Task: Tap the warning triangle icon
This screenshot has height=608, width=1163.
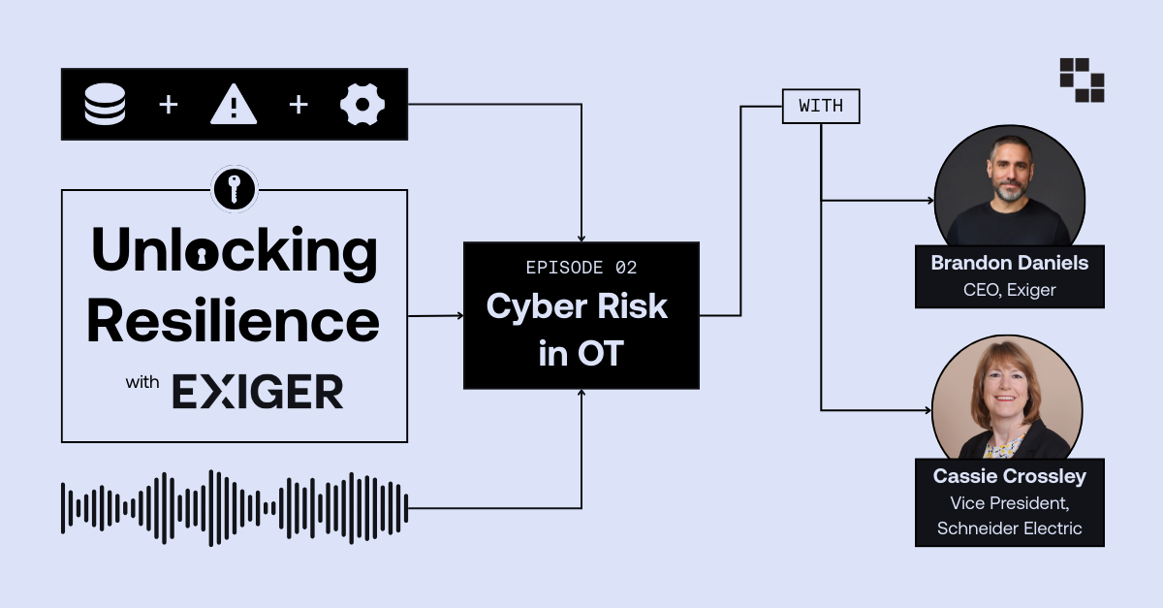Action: tap(234, 105)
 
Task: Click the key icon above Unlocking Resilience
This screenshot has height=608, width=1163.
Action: tap(234, 188)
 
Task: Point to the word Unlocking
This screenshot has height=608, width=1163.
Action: tap(234, 251)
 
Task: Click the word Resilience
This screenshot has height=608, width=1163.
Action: tap(234, 321)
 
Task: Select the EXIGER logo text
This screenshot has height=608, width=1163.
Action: tap(258, 392)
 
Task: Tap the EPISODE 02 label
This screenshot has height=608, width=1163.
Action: tap(581, 268)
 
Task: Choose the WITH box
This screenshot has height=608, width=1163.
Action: tap(821, 107)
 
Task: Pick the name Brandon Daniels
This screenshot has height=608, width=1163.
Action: tap(1009, 263)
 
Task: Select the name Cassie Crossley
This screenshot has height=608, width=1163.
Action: tap(1009, 476)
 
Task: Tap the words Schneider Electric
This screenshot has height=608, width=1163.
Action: tap(1009, 528)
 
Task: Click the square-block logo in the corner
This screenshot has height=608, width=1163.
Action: tap(1082, 80)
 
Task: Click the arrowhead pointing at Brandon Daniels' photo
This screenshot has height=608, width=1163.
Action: tap(927, 202)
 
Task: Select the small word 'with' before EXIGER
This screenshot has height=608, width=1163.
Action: tap(141, 383)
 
